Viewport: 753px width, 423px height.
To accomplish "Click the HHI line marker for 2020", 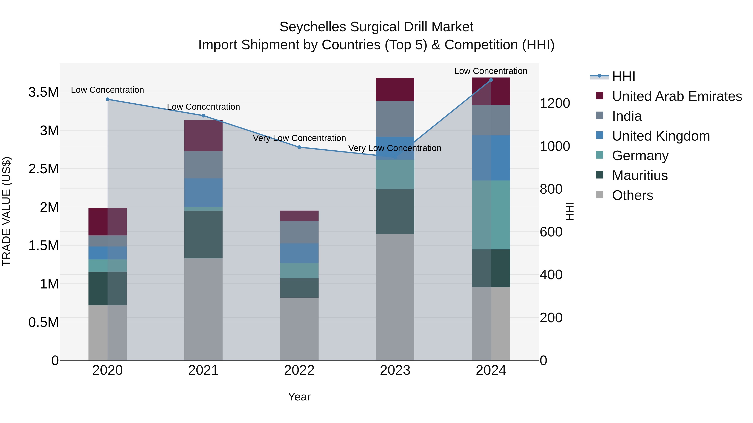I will coord(108,99).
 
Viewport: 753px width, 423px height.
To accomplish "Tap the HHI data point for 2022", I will coord(299,147).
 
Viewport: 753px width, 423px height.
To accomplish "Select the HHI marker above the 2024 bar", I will coord(491,80).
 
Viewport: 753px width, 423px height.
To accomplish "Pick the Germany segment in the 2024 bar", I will coord(491,215).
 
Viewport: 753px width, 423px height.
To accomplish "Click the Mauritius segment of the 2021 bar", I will coord(204,234).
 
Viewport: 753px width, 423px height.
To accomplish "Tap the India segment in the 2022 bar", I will coord(299,232).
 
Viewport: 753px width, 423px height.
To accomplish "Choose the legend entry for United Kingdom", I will coord(661,136).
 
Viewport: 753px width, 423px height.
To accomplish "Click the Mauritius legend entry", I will coord(640,175).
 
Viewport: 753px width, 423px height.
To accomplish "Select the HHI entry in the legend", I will coord(623,76).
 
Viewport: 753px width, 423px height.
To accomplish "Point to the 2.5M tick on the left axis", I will coord(44,169).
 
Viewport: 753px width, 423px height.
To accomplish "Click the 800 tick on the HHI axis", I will coord(551,189).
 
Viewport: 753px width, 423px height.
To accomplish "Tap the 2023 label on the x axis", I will coord(395,370).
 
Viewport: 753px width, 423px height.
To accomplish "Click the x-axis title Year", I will coord(299,397).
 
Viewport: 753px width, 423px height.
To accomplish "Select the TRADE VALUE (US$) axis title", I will coord(6,211).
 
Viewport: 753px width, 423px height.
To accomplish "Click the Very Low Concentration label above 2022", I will coord(299,138).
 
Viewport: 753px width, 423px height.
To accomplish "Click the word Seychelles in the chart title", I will coord(313,27).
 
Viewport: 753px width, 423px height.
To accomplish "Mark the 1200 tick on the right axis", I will coord(555,103).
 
